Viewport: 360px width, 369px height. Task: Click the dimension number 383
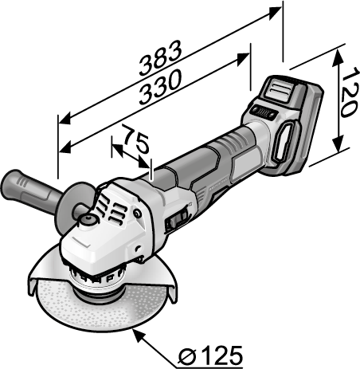pos(161,57)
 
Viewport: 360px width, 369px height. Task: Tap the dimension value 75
pos(136,139)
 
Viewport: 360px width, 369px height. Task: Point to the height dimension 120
pos(350,92)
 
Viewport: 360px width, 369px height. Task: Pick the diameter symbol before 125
pos(187,356)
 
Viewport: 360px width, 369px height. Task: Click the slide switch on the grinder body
pos(178,220)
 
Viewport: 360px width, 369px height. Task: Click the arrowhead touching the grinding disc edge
pos(139,335)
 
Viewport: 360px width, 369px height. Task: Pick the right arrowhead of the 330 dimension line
pos(242,59)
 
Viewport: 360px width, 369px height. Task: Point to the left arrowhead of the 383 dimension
pos(65,120)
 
